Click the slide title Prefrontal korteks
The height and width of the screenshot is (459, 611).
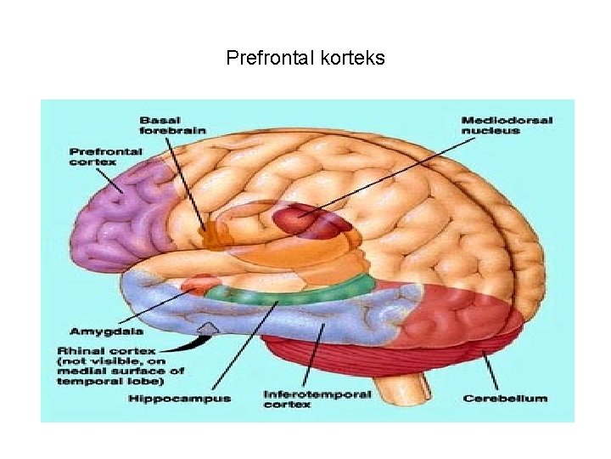click(305, 58)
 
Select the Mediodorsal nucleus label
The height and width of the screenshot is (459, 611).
click(506, 125)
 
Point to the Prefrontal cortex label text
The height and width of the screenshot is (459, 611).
click(105, 156)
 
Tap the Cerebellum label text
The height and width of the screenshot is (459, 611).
click(505, 398)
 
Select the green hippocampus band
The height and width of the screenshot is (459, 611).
click(280, 294)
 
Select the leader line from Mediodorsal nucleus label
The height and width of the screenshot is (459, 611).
click(382, 177)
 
